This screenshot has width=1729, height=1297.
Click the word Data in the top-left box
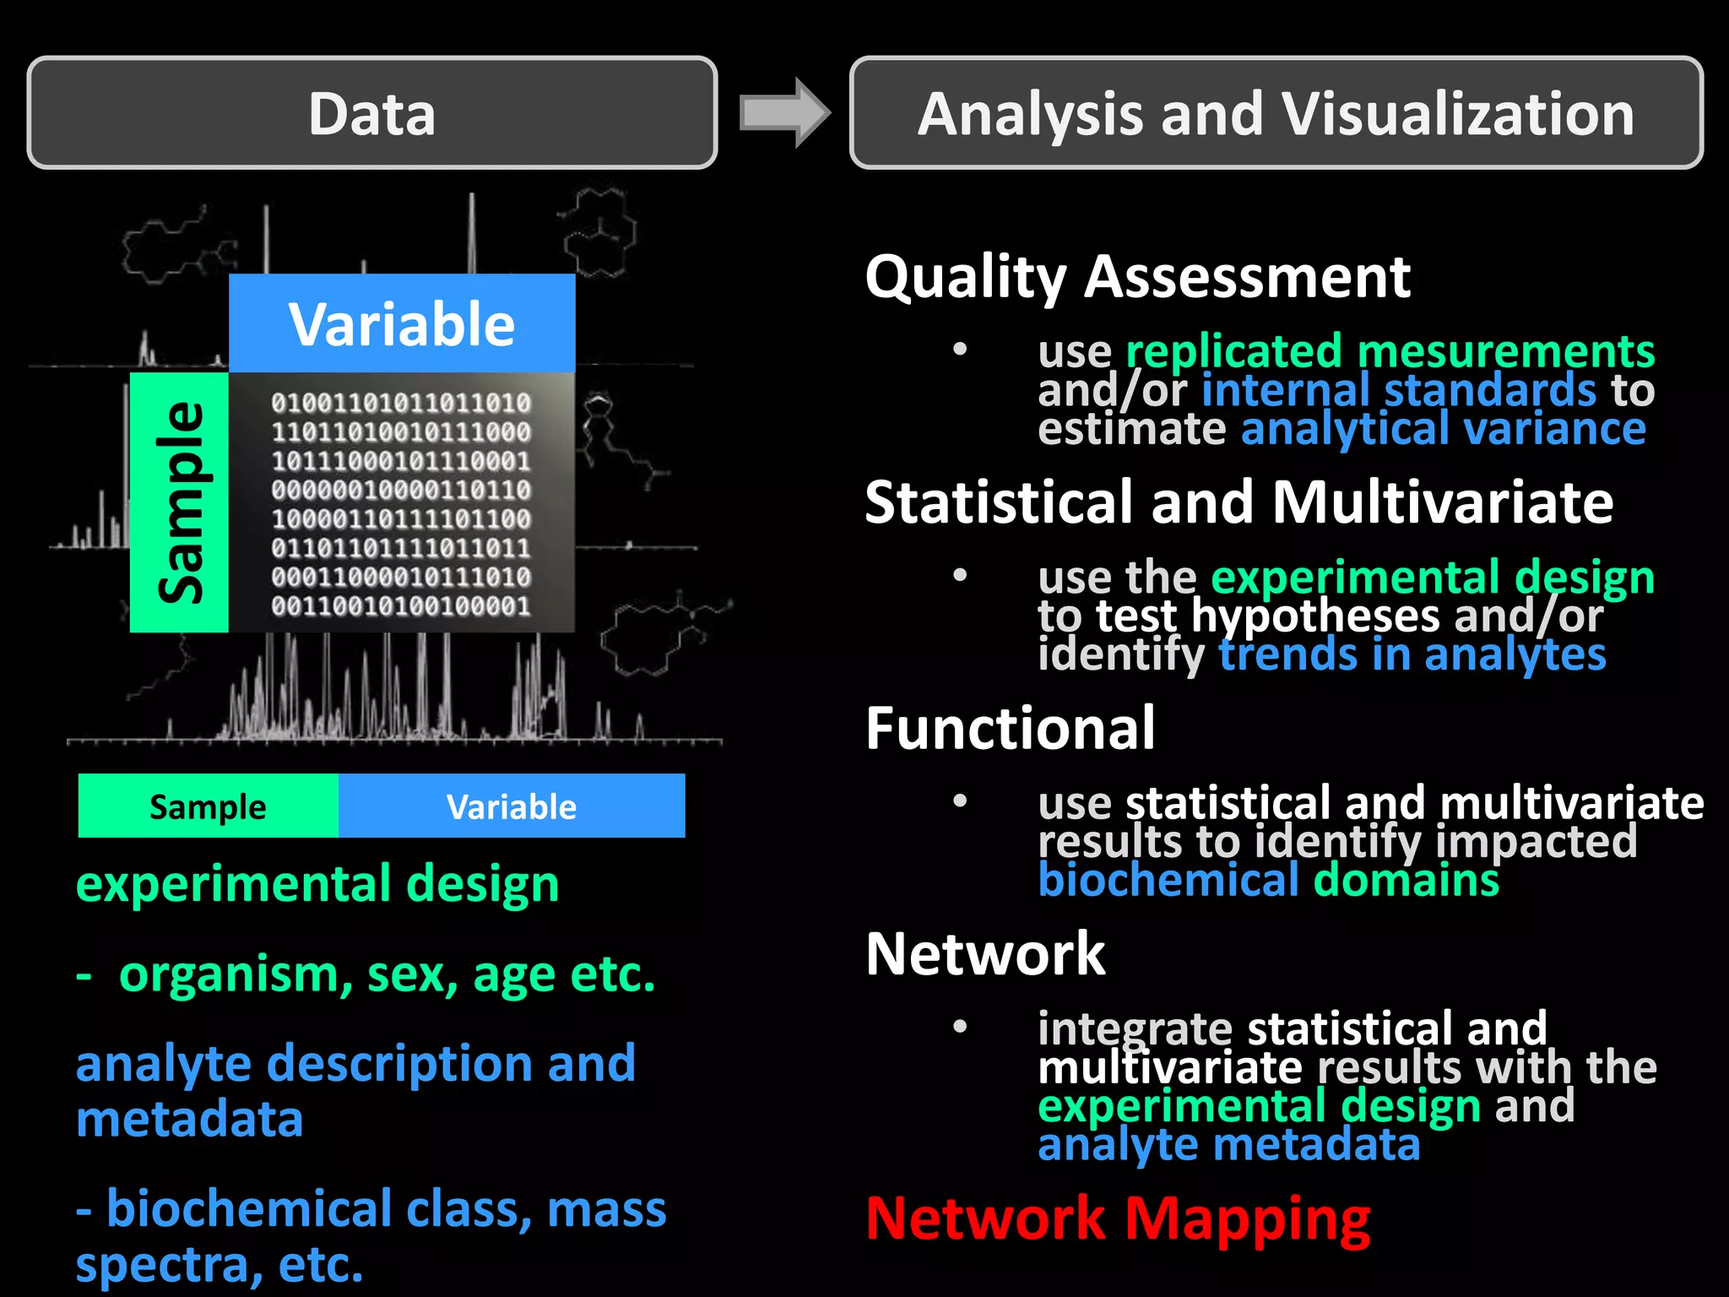(371, 114)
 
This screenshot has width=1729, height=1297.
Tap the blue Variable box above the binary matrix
(402, 323)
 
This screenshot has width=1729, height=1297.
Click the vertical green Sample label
(180, 502)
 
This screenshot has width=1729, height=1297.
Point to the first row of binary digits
(401, 403)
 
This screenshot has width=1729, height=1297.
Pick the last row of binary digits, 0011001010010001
(401, 605)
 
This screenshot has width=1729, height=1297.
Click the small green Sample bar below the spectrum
(208, 806)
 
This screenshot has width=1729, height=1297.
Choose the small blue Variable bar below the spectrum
(512, 806)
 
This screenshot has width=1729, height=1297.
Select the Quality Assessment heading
(1137, 276)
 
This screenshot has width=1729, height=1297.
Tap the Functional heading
(1010, 728)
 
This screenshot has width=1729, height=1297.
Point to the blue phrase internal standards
(1398, 389)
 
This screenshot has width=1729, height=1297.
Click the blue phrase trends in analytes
(1412, 654)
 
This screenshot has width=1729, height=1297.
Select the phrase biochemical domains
(1268, 880)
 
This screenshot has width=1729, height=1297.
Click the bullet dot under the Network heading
(960, 1027)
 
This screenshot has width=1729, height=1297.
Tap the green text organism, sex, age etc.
(387, 974)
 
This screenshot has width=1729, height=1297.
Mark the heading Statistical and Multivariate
(1238, 502)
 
